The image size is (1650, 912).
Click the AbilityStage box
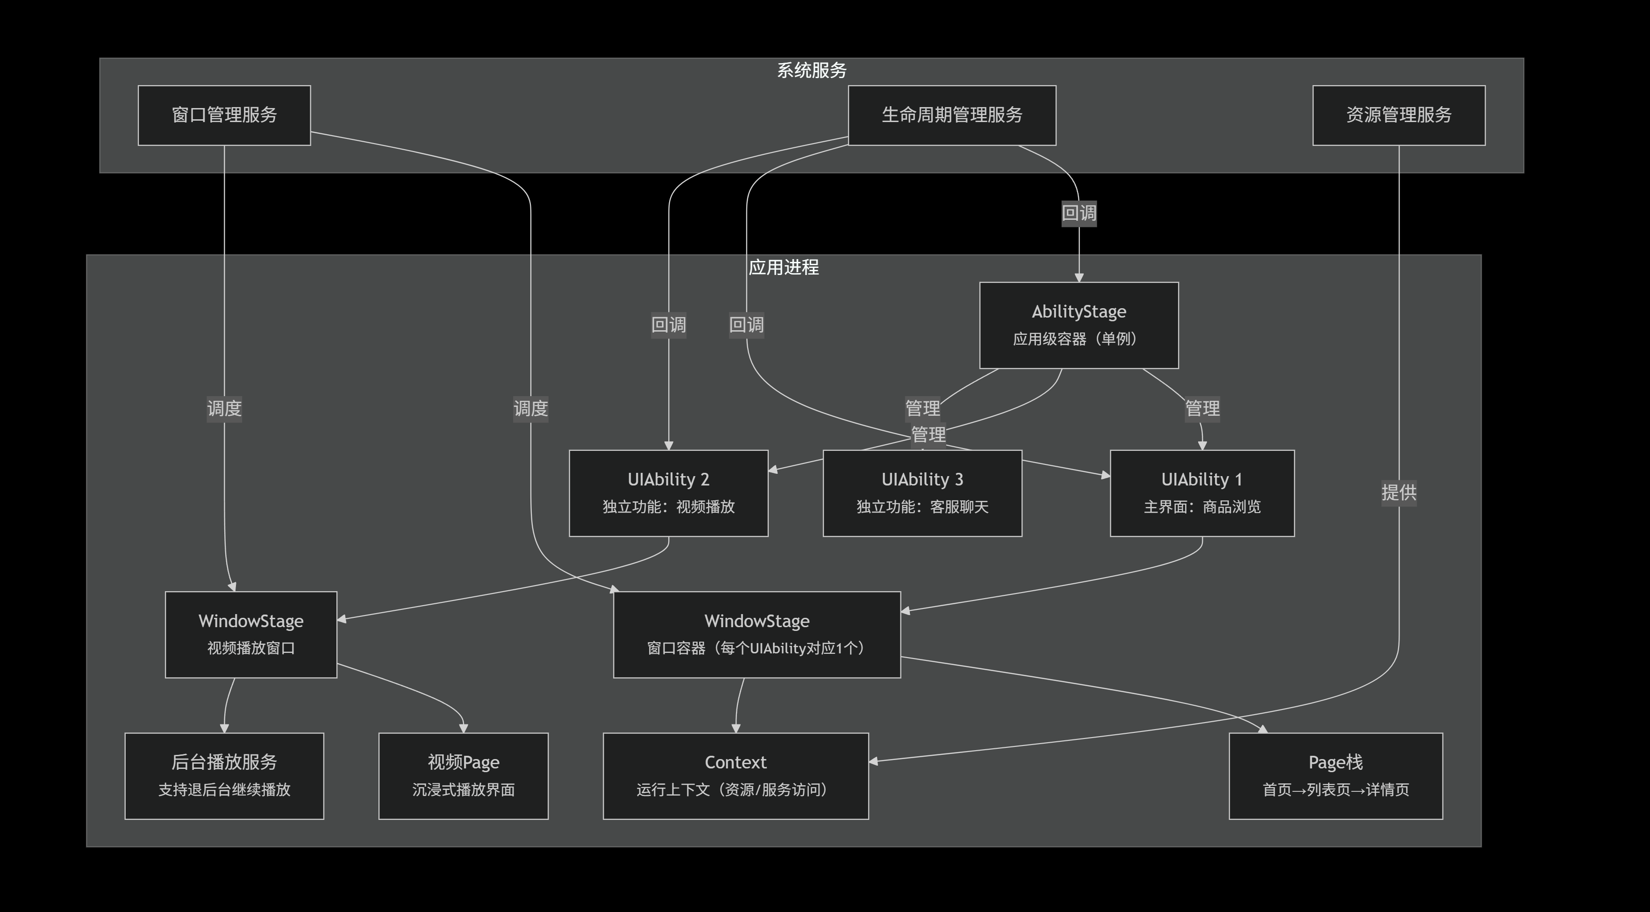coord(1079,325)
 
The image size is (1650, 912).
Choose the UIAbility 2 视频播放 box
coord(668,493)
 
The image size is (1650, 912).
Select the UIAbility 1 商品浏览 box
coord(1201,493)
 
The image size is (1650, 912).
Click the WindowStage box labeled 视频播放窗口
coord(250,634)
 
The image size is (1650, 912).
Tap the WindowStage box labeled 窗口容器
coord(757,634)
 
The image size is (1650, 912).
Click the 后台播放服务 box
coord(224,775)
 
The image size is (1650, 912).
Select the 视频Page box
coord(463,775)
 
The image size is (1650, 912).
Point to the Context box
coord(736,775)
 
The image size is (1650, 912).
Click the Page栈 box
coord(1336,775)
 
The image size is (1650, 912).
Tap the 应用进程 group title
coord(783,267)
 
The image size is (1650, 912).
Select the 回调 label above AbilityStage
coord(1079,213)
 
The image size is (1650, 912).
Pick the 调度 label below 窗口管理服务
coord(224,408)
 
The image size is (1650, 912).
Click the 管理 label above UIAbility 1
coord(1201,408)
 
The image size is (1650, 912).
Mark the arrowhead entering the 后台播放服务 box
coord(224,728)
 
